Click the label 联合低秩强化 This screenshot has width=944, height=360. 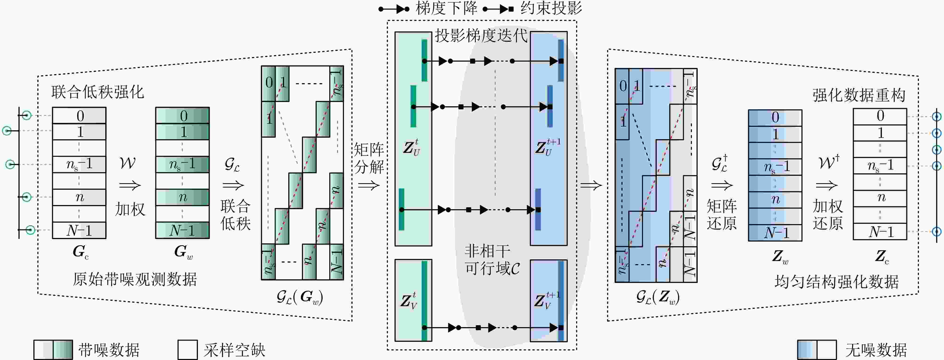click(98, 92)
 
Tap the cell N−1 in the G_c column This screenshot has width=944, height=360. click(79, 230)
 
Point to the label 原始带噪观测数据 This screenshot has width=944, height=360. click(135, 279)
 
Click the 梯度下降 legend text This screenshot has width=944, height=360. click(446, 8)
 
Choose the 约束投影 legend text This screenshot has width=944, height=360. click(551, 8)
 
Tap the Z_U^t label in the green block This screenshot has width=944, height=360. click(412, 147)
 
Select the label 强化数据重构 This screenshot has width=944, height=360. click(859, 95)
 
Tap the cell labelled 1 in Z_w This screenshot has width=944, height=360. click(775, 134)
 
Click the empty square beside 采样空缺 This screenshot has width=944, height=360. click(188, 350)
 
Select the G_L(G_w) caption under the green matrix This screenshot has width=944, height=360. click(300, 297)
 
